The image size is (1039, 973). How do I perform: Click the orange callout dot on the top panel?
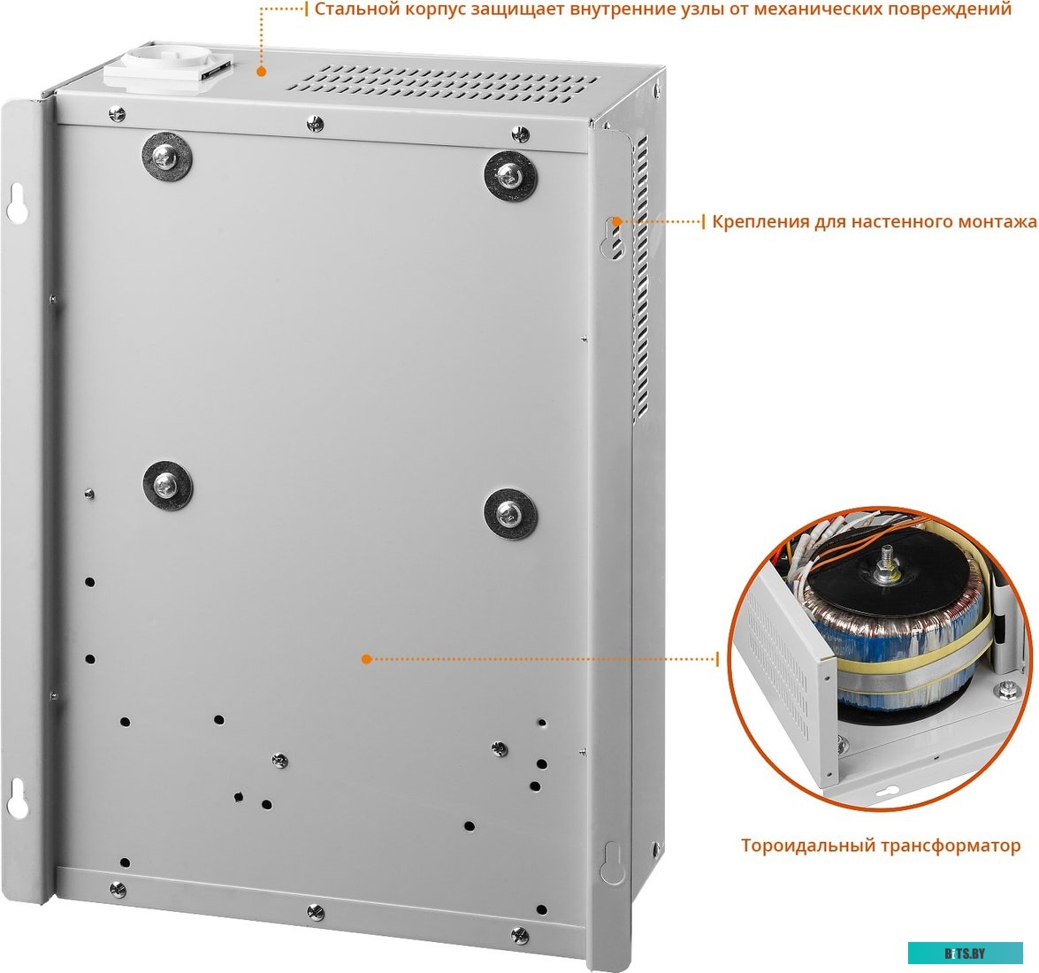coord(262,71)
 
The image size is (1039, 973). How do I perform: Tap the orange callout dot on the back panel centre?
coord(366,659)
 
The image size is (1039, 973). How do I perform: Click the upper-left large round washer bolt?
coord(166,157)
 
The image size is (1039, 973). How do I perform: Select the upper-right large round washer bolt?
coord(510,176)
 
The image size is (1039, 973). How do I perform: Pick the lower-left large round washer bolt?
coord(167,486)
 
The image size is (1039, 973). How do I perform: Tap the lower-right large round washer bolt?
coord(509,514)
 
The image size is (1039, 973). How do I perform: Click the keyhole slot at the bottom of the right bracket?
coord(612,862)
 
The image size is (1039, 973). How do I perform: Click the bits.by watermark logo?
coord(965,954)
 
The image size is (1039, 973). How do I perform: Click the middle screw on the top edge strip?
coord(315,123)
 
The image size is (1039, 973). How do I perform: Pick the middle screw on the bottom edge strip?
coord(316,912)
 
